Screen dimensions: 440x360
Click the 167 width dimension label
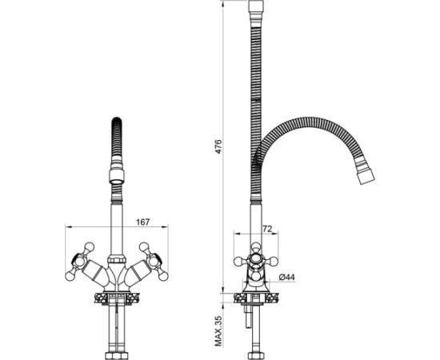pyautogui.click(x=143, y=222)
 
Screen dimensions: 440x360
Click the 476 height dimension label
pyautogui.click(x=218, y=146)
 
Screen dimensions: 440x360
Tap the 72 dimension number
pyautogui.click(x=267, y=229)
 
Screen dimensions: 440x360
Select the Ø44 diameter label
pyautogui.click(x=287, y=278)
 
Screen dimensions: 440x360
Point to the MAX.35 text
pyautogui.click(x=218, y=331)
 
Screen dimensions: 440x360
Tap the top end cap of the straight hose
pyautogui.click(x=256, y=6)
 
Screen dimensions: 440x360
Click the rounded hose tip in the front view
pyautogui.click(x=117, y=122)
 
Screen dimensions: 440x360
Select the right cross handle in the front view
pyautogui.click(x=154, y=262)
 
